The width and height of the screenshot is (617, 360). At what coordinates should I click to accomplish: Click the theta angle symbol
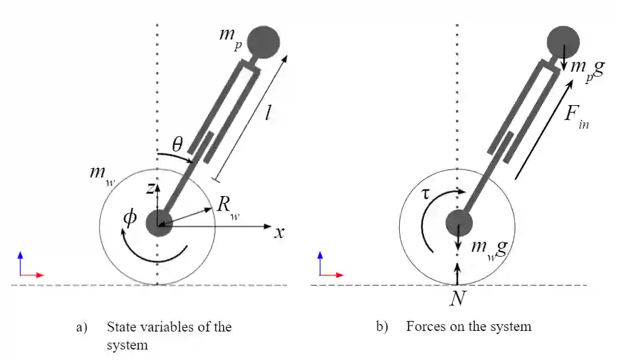coord(177,145)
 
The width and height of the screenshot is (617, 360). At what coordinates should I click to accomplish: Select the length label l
coord(267,115)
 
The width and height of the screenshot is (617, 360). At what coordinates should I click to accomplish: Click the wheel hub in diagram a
coord(158,223)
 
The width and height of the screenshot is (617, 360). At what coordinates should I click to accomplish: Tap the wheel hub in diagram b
coord(458,223)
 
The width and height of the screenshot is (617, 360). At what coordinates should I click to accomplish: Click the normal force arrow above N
coord(457,273)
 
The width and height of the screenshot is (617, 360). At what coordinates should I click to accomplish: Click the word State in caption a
coord(123,327)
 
